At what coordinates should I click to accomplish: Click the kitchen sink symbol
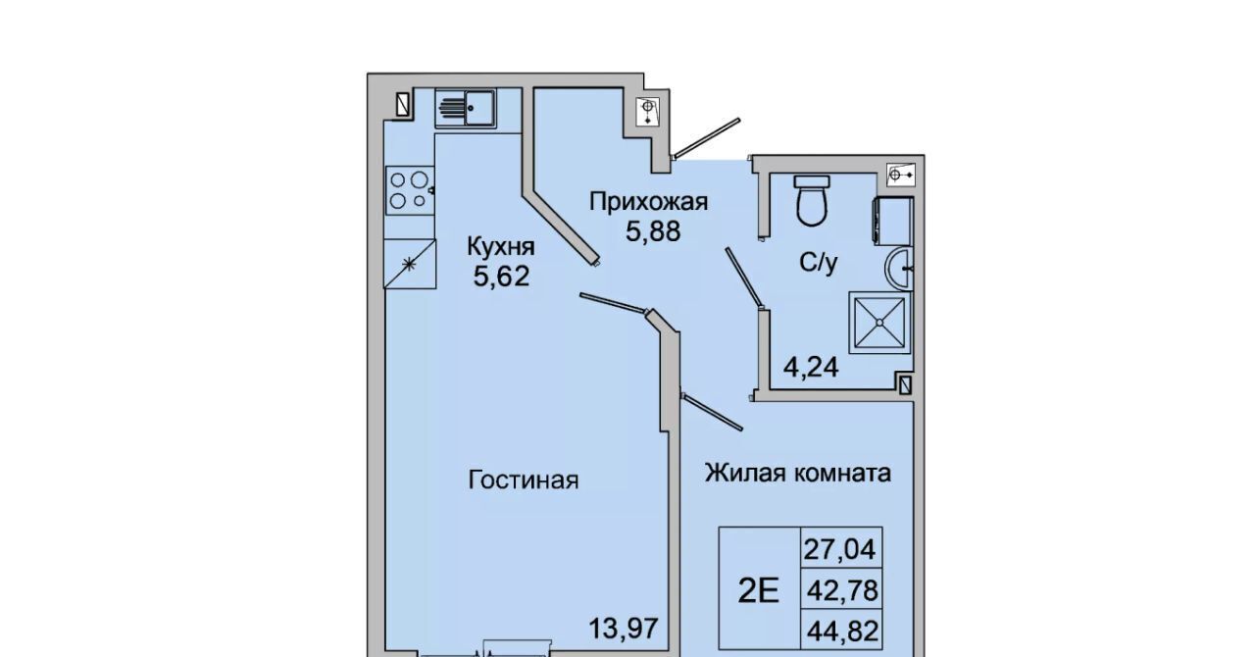(465, 109)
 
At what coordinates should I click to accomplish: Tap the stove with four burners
(410, 190)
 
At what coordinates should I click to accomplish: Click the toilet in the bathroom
(812, 201)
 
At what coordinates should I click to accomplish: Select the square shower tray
(879, 323)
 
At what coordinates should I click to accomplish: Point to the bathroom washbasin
(899, 269)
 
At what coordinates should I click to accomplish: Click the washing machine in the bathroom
(893, 221)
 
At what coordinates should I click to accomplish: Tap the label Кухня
(501, 247)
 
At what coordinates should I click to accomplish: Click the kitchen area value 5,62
(501, 276)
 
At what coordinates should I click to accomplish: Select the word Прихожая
(648, 202)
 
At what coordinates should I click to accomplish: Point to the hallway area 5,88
(653, 231)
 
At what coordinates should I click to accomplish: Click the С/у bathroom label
(818, 263)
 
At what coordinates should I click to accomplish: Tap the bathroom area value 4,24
(811, 368)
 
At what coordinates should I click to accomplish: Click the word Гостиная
(524, 480)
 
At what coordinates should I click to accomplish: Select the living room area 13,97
(623, 629)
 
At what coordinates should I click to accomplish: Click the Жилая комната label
(798, 473)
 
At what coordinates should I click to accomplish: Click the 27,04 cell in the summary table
(840, 549)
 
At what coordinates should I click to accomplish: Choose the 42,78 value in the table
(842, 590)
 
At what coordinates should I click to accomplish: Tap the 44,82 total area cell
(842, 632)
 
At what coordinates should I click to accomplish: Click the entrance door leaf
(707, 138)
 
